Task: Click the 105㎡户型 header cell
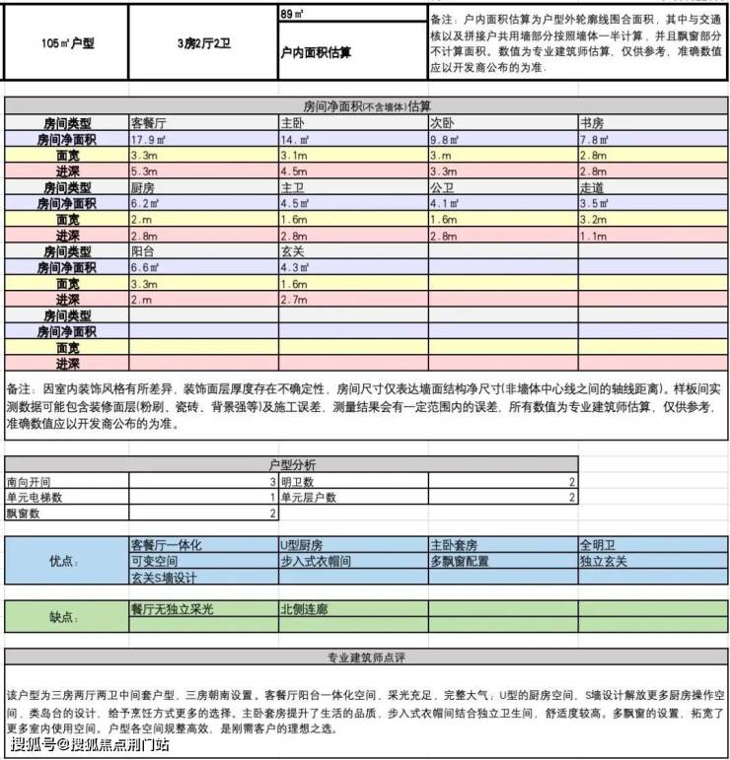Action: click(x=67, y=44)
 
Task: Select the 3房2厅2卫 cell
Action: click(x=203, y=44)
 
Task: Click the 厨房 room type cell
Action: click(x=143, y=187)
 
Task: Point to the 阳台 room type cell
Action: click(x=143, y=251)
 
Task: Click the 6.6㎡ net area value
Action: click(x=145, y=267)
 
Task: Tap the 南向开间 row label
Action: click(x=28, y=481)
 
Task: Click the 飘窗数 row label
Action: click(x=23, y=514)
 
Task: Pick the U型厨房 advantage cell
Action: click(x=302, y=544)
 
